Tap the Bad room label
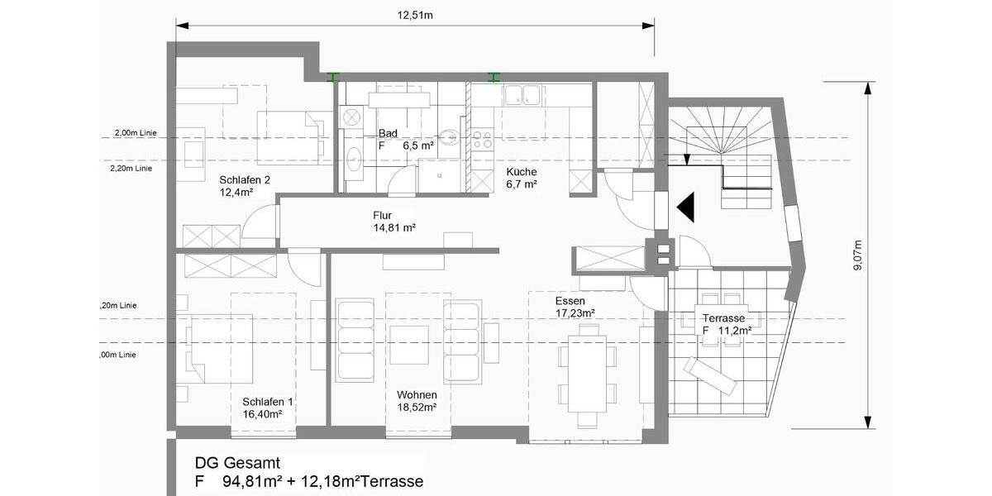(388, 133)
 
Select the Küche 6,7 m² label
(522, 178)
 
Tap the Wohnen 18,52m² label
(417, 401)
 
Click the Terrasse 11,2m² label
(725, 324)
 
